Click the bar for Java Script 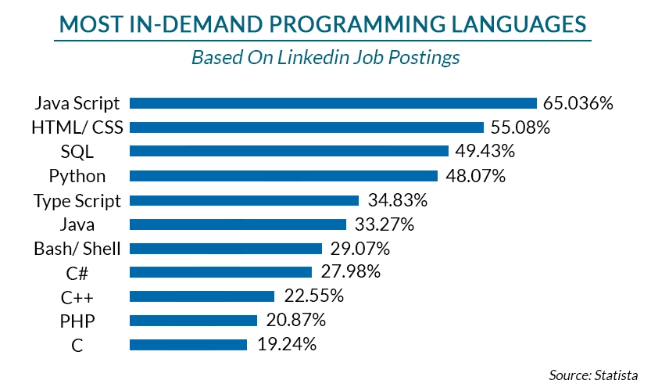333,103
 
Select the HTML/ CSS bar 306,127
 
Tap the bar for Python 283,176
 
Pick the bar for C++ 202,296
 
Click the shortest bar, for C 188,344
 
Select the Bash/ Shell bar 225,249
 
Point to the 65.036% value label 578,103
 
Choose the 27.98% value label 350,272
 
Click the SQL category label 77,152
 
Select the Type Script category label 77,200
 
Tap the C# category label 77,272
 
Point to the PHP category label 77,320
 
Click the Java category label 77,224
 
